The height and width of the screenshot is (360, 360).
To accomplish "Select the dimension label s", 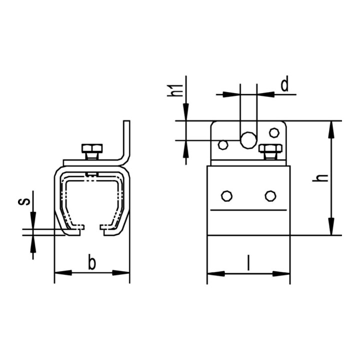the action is (x=24, y=201).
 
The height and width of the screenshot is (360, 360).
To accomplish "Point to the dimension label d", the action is (x=284, y=84).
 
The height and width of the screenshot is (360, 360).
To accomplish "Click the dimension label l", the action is (x=248, y=262).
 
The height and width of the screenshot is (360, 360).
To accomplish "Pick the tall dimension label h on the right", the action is (x=320, y=178).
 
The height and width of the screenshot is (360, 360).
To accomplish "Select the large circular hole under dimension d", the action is (x=248, y=140).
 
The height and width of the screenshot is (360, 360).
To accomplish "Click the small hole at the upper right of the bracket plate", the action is (x=274, y=132).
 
